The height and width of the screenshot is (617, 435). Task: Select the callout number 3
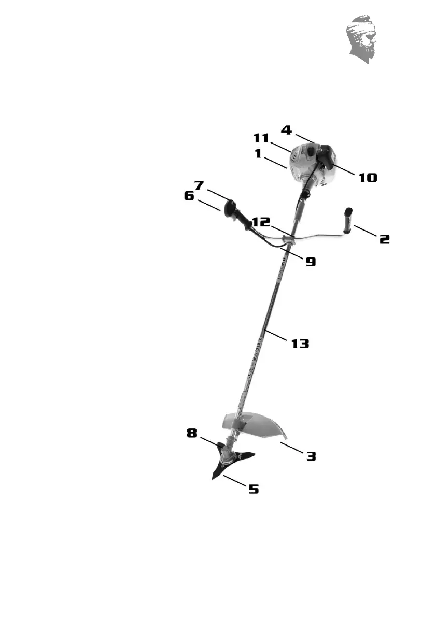click(311, 456)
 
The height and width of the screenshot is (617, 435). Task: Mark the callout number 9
click(310, 262)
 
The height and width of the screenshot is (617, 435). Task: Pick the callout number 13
click(300, 343)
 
